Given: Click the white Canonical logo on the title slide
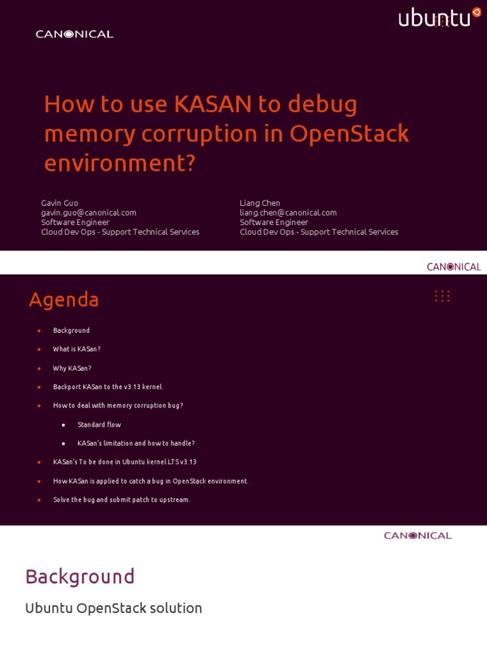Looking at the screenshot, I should [74, 34].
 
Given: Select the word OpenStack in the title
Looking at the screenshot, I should [349, 134].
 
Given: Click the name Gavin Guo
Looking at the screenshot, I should [60, 203].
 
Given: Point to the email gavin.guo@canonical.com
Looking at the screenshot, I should [89, 212].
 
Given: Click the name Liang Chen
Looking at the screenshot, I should [260, 203].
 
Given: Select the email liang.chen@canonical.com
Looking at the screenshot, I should [288, 212].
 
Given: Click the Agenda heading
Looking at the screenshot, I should [64, 300].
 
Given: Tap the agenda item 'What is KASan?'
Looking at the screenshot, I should [77, 349].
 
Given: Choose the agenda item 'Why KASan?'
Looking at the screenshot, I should [72, 368].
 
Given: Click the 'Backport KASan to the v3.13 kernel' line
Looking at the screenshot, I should [108, 387].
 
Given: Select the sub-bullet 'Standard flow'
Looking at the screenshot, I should [99, 425].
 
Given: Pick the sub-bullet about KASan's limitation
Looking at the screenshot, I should [136, 443].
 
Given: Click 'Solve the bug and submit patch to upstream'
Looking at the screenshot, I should [121, 499].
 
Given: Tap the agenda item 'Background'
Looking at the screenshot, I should [71, 330].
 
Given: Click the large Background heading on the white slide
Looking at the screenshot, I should [80, 577].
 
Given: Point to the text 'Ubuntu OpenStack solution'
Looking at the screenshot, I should [114, 608].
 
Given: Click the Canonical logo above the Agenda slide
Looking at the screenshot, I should [453, 267].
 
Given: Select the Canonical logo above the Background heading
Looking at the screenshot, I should [417, 536].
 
